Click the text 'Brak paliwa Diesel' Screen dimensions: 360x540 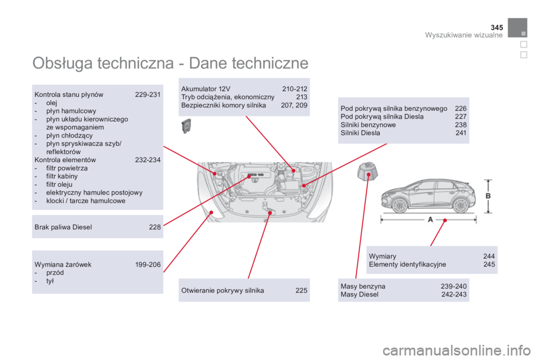click(63, 227)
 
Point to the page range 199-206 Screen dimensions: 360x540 click(147, 264)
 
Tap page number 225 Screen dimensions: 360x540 click(301, 290)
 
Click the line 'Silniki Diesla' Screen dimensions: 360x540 click(361, 133)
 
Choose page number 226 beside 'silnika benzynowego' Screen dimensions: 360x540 click(460, 108)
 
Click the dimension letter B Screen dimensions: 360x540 click(488, 195)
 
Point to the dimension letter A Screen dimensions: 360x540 click(430, 219)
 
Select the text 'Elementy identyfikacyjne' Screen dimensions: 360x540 click(407, 264)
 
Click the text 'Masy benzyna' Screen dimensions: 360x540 click(363, 286)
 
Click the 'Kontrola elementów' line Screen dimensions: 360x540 click(65, 160)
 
